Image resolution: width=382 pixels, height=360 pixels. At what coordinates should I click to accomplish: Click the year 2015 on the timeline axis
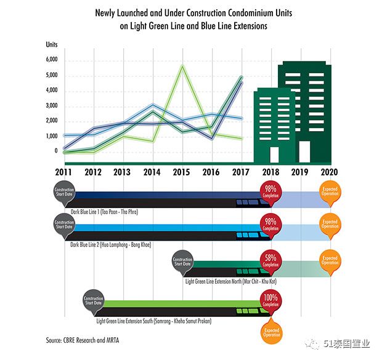[x=181, y=172]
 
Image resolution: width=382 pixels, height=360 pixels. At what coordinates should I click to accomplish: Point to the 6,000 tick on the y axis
[x=52, y=60]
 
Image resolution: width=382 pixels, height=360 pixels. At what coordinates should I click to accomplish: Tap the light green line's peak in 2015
[x=182, y=66]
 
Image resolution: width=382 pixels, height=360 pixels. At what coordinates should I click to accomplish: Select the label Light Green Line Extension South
[x=145, y=321]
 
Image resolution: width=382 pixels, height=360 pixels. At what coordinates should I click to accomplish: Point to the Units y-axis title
[x=52, y=44]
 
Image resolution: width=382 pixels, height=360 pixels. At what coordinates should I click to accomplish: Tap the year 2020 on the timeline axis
[x=331, y=172]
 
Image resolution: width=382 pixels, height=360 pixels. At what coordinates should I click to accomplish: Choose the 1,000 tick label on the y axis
[x=52, y=136]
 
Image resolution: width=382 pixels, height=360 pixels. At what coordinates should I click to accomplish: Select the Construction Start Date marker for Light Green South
[x=93, y=301]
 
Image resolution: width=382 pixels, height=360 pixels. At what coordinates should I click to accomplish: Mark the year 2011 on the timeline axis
[x=64, y=172]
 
